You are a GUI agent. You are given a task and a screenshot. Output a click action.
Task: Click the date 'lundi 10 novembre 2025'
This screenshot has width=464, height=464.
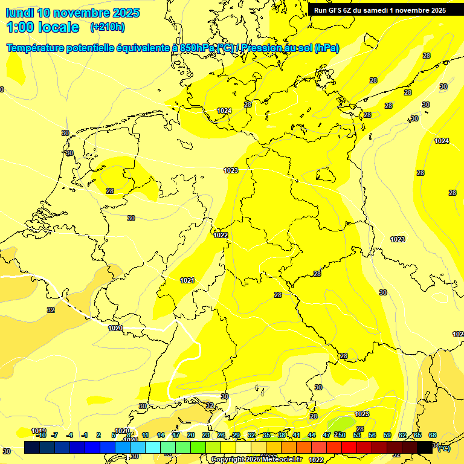pyautogui.click(x=72, y=13)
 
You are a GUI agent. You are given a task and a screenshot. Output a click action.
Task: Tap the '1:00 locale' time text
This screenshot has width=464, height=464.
pyautogui.click(x=42, y=27)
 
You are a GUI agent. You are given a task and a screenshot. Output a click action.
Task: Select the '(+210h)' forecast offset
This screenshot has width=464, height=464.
pyautogui.click(x=108, y=27)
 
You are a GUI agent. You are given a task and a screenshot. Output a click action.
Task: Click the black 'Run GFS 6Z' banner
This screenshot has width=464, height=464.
pyautogui.click(x=380, y=10)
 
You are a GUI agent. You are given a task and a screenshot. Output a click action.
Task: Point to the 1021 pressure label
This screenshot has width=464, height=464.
pyautogui.click(x=187, y=280)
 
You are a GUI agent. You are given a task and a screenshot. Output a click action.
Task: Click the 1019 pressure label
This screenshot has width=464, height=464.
pyautogui.click(x=37, y=431)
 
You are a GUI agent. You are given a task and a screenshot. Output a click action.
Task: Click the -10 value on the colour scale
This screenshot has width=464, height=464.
pyautogui.click(x=41, y=435)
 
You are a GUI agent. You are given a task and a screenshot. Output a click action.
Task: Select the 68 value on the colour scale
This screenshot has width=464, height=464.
pyautogui.click(x=433, y=435)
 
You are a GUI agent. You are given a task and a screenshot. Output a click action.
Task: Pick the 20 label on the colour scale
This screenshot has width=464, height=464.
pyautogui.click(x=190, y=435)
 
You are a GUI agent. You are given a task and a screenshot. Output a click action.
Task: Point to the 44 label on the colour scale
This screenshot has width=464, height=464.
pyautogui.click(x=312, y=435)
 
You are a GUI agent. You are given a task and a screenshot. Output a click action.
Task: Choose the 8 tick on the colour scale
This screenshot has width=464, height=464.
pyautogui.click(x=129, y=435)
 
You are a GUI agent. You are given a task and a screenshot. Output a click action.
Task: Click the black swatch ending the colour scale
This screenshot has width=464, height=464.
pyautogui.click(x=425, y=447)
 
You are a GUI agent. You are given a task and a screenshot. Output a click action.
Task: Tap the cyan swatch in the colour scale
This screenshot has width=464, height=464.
pyautogui.click(x=153, y=447)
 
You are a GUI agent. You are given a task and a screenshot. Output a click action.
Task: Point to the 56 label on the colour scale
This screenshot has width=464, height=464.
pyautogui.click(x=372, y=435)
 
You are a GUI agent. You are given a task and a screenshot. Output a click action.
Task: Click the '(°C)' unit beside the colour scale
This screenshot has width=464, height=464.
pyautogui.click(x=443, y=448)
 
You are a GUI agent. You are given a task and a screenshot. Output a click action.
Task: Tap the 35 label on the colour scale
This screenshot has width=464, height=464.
pyautogui.click(x=266, y=435)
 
